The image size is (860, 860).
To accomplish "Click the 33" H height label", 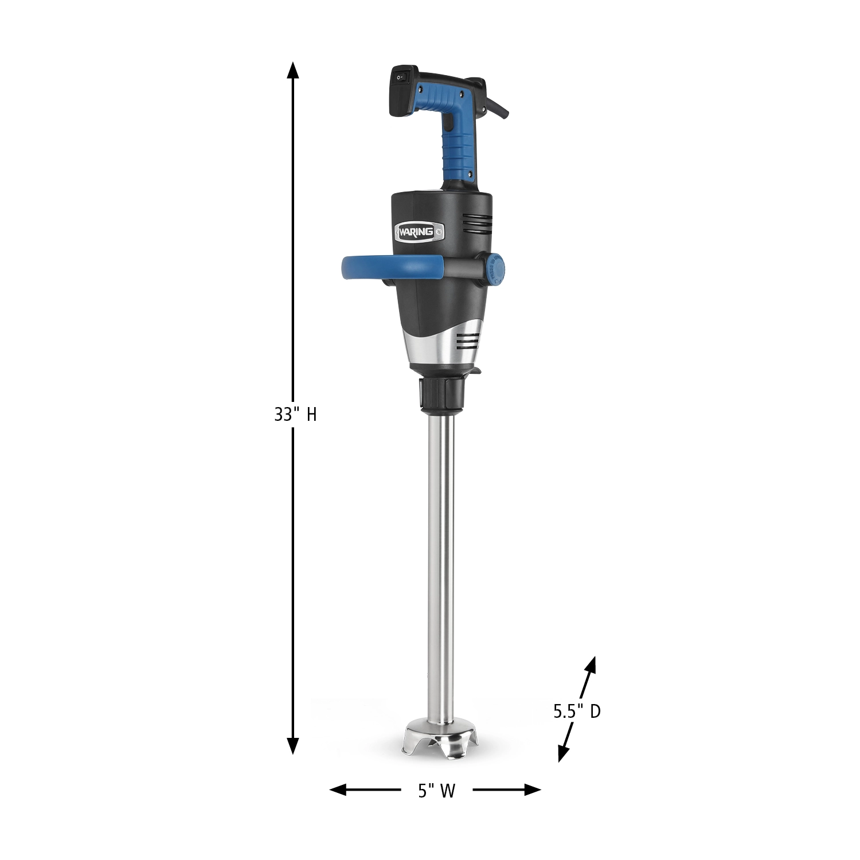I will [295, 415].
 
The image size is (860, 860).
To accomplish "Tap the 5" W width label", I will [436, 791].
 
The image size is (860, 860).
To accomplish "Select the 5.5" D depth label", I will [577, 712].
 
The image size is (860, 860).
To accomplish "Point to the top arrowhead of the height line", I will [293, 70].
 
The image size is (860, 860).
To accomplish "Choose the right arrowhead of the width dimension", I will [533, 790].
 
